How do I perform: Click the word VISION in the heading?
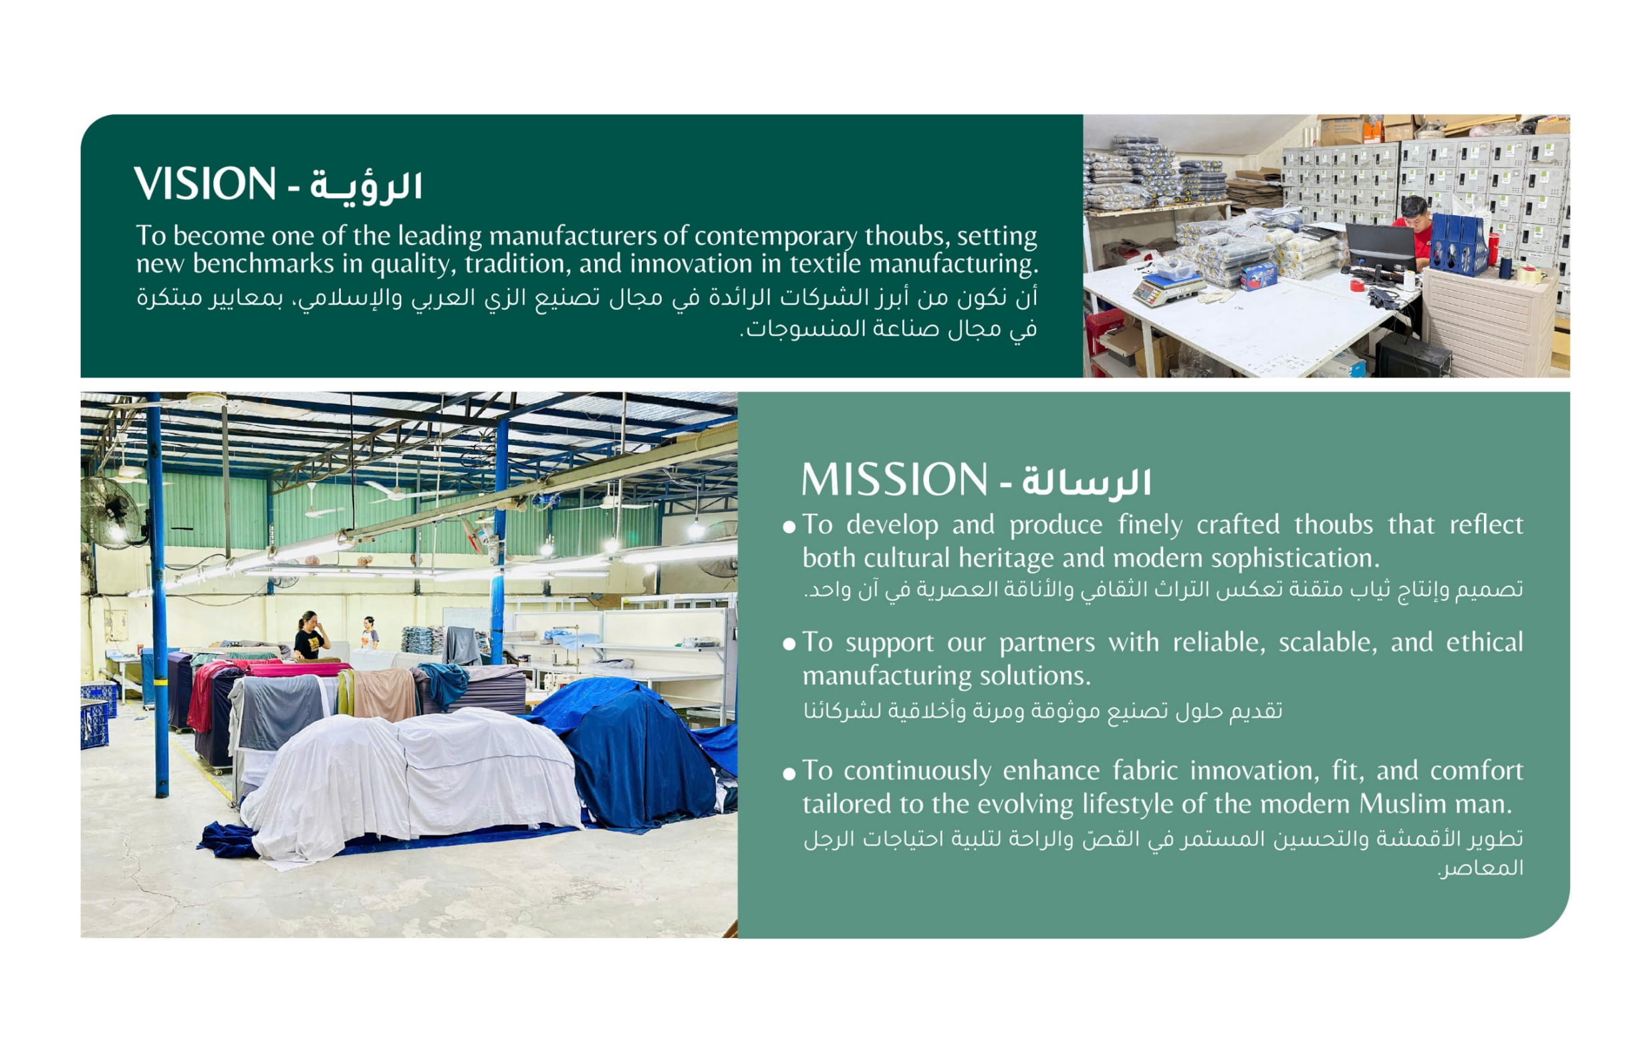[x=205, y=184]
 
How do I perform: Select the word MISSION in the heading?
[x=894, y=479]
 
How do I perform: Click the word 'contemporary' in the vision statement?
[x=775, y=236]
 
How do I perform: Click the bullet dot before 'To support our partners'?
[x=789, y=644]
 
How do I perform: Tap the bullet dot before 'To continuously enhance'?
[x=789, y=774]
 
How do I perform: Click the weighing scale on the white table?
[x=1168, y=287]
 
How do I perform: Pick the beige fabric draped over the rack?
[x=384, y=694]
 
